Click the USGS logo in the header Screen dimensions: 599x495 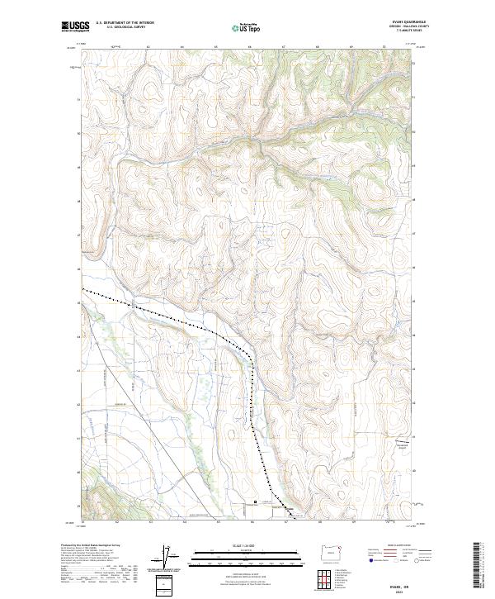(75, 27)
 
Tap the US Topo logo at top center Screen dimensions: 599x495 (248, 28)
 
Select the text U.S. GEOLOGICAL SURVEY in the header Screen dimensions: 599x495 (125, 26)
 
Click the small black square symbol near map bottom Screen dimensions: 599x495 (256, 502)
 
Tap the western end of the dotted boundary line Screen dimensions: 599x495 (83, 289)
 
